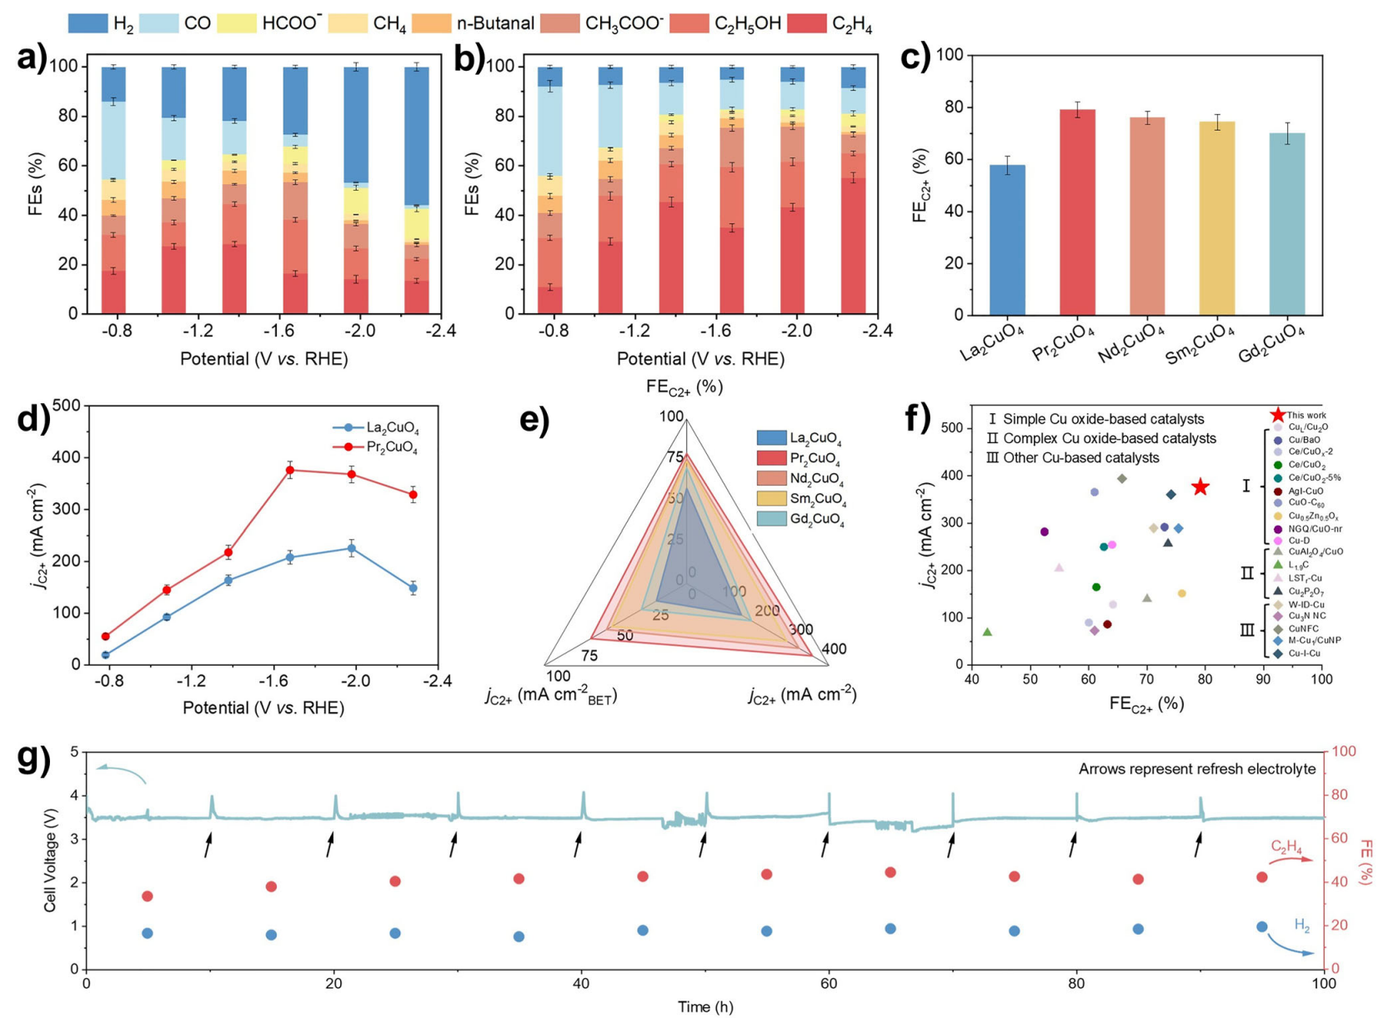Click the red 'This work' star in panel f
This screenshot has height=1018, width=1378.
1200,487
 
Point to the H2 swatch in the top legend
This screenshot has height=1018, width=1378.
88,23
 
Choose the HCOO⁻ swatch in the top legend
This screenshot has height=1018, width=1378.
236,23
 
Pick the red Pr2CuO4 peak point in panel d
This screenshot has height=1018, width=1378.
290,470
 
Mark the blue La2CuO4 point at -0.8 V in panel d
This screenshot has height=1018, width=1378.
106,655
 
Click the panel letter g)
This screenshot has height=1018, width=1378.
33,760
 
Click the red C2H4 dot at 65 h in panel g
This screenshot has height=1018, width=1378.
890,872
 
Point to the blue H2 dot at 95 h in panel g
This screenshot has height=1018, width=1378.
1261,926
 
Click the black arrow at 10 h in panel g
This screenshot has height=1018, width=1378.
208,846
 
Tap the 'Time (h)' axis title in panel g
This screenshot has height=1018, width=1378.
705,1006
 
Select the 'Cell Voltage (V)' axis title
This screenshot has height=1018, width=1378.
51,861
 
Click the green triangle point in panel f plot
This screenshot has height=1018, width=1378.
988,632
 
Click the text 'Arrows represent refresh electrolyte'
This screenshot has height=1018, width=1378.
1197,769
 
